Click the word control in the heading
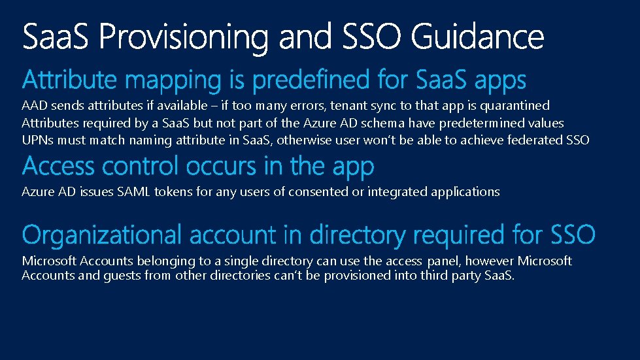pyautogui.click(x=137, y=167)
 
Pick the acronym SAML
pyautogui.click(x=127, y=191)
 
